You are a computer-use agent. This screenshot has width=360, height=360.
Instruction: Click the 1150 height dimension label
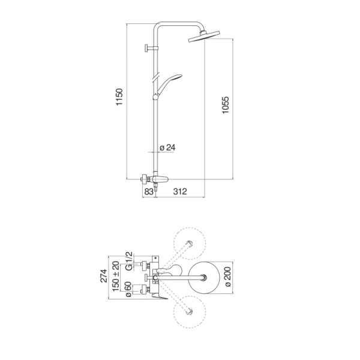119,97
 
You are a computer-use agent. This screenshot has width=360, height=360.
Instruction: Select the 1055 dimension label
226,105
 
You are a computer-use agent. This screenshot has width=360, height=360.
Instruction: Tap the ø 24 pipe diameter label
167,148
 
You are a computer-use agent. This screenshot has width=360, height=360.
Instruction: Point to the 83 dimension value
149,191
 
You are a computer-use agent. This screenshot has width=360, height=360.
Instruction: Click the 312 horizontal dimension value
180,191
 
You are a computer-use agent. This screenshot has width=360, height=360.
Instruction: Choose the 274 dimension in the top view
104,276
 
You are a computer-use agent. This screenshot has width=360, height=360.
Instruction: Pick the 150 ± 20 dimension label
116,276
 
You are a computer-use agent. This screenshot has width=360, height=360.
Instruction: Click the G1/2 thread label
129,261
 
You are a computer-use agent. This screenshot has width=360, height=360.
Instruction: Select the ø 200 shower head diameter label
228,277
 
